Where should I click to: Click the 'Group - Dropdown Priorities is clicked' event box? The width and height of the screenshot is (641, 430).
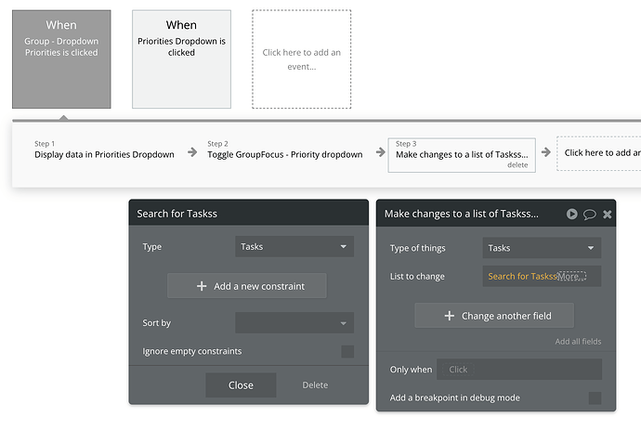tap(61, 59)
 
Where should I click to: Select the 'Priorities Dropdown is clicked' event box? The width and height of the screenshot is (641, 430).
tap(181, 59)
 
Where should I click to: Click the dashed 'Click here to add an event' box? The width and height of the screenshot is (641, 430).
tap(301, 59)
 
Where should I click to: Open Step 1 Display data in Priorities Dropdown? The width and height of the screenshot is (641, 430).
tap(104, 150)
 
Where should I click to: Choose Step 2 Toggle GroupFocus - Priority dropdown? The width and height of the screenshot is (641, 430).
tap(285, 150)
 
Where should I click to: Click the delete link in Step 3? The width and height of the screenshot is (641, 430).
tap(517, 164)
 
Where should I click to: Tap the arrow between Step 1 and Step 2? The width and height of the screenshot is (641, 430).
tap(192, 152)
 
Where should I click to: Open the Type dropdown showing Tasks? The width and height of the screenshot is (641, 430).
tap(294, 246)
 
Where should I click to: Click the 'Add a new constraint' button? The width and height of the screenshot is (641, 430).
tap(247, 286)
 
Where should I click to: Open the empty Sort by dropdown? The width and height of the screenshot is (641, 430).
tap(294, 323)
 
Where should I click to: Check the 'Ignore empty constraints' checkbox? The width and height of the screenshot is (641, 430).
tap(347, 351)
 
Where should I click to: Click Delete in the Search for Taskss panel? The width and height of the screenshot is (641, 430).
tap(315, 385)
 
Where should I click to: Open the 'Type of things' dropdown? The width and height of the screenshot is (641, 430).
tap(542, 248)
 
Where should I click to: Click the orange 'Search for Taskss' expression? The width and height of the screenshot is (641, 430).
tap(522, 277)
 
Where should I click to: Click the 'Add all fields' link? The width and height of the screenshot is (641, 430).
tap(578, 341)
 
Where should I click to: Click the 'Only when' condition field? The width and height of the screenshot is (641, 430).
tap(519, 369)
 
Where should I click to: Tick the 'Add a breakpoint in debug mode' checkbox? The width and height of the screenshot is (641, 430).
tap(595, 398)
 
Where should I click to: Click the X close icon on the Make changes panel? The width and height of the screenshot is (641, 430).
tap(607, 215)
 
